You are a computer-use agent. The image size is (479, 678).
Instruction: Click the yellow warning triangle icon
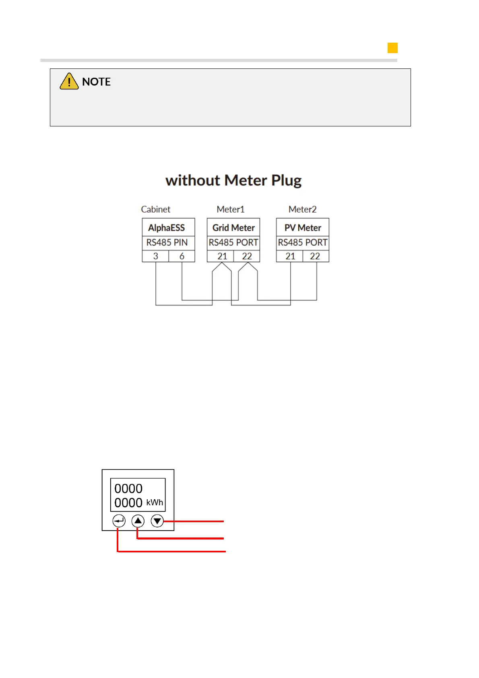[69, 81]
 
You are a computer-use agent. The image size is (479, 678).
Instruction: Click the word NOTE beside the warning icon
[96, 82]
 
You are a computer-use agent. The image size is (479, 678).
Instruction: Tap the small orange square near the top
[392, 48]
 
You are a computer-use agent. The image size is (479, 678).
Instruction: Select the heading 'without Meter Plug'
[233, 180]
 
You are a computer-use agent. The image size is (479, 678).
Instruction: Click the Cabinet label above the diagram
[155, 209]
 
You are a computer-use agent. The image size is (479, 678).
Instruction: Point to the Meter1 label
[230, 209]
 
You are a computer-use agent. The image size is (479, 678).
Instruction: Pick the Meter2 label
[302, 209]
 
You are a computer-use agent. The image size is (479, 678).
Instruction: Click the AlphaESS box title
[166, 228]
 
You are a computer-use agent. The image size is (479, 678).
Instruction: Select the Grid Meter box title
[233, 228]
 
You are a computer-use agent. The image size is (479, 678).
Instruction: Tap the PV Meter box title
[303, 228]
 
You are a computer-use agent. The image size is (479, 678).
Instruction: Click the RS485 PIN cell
[167, 243]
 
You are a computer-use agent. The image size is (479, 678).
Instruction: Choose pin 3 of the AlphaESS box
[155, 256]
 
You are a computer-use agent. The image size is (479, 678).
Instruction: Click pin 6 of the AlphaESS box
[182, 256]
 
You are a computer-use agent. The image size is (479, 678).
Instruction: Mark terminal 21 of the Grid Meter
[222, 256]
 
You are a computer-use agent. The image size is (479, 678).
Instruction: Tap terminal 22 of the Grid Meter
[247, 256]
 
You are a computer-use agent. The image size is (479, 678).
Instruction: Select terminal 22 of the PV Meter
[315, 256]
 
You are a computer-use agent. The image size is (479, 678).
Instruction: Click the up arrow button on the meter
[138, 521]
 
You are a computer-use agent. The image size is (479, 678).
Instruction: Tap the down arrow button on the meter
[157, 521]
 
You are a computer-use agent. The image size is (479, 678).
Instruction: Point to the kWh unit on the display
[155, 502]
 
